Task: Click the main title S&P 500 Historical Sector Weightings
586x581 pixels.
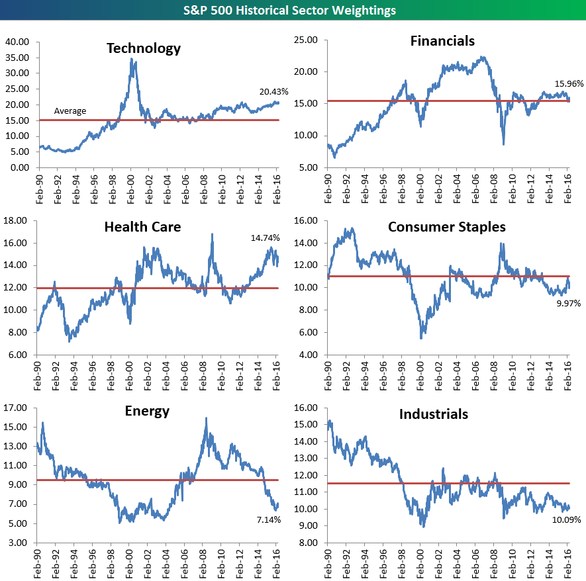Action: (293, 10)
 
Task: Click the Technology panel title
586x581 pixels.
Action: (143, 48)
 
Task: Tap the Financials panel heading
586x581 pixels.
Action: (442, 41)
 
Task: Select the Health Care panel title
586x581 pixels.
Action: (142, 228)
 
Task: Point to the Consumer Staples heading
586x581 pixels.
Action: (446, 227)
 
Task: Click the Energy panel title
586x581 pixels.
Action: (147, 411)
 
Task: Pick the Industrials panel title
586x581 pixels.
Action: (434, 414)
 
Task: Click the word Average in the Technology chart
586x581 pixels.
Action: (70, 111)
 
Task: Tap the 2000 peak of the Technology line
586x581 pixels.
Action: (132, 59)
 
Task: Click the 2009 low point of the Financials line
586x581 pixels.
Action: (503, 144)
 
